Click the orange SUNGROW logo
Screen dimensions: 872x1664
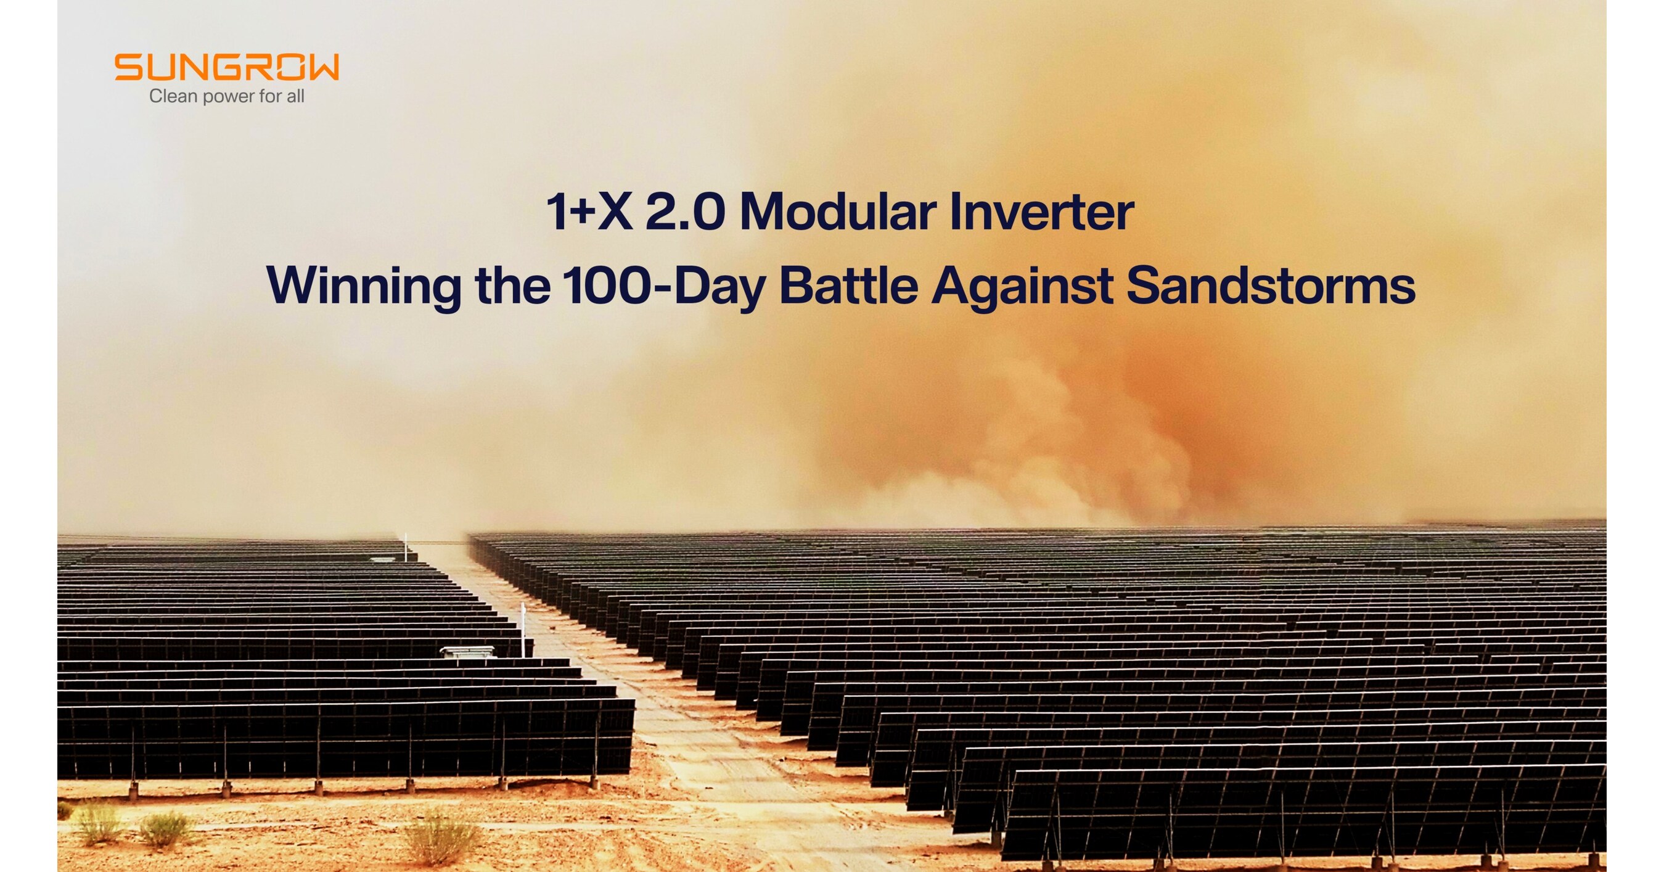click(226, 67)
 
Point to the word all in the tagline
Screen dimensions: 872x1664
click(295, 96)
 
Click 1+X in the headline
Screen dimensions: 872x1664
click(588, 213)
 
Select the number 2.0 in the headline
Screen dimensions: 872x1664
click(685, 213)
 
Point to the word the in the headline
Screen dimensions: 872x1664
click(512, 286)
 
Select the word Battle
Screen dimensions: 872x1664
click(848, 286)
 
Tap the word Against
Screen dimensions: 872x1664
click(1021, 286)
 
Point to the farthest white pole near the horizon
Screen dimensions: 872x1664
click(406, 546)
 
